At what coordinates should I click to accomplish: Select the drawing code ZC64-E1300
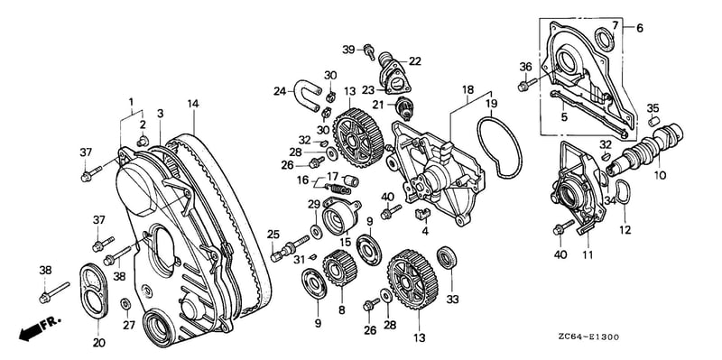point(590,337)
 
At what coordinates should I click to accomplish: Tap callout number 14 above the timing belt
point(193,104)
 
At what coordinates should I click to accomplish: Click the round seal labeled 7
point(605,38)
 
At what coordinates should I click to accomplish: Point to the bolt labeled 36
point(528,85)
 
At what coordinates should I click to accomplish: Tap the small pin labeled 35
point(652,122)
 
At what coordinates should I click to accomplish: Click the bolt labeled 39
point(369,51)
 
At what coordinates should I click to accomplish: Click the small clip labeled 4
point(421,213)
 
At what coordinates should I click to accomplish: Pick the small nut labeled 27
point(125,304)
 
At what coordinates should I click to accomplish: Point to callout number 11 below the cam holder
point(588,254)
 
